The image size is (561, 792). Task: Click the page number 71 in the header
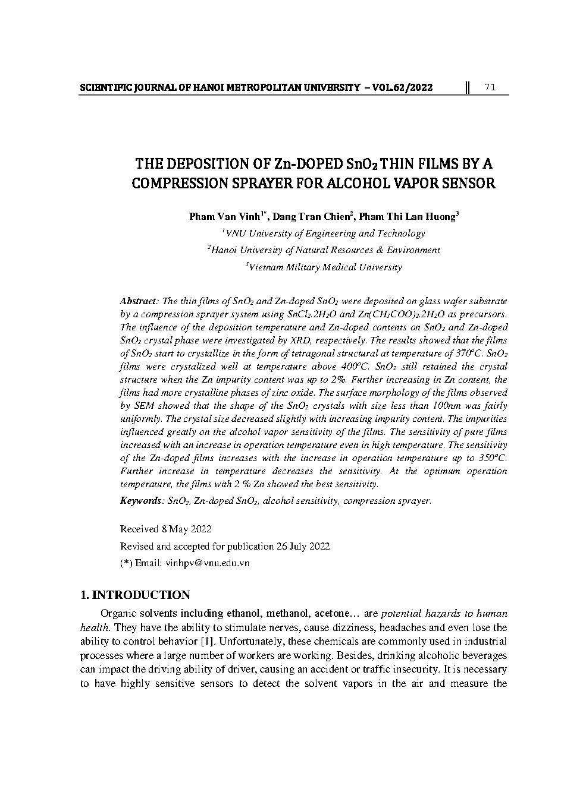490,88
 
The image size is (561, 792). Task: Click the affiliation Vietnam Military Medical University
325,267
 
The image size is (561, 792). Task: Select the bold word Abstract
139,301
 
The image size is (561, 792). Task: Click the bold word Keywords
140,501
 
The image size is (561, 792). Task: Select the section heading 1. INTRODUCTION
135,595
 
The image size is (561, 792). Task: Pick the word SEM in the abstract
144,406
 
